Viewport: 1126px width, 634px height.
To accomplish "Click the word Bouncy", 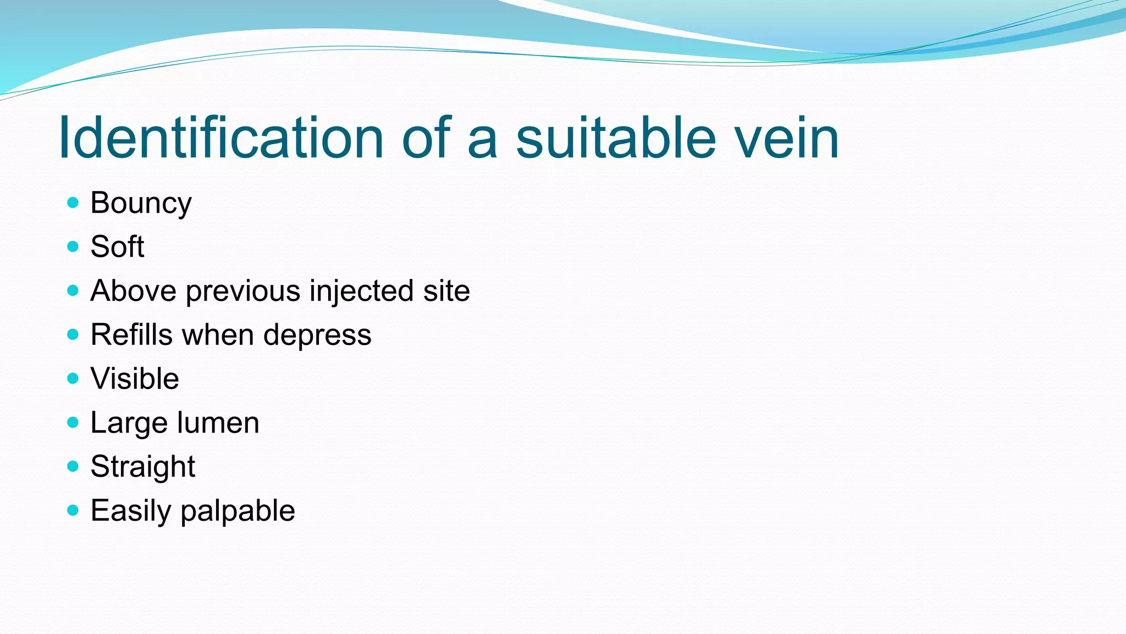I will [x=141, y=204].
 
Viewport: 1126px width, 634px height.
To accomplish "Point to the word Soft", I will [x=117, y=247].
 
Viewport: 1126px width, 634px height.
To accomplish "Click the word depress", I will [x=317, y=336].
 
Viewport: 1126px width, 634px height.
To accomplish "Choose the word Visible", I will [x=135, y=379].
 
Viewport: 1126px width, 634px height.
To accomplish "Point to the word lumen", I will [x=218, y=423].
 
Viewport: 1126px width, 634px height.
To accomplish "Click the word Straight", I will [x=142, y=468].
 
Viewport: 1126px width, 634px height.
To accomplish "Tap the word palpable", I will [x=238, y=512].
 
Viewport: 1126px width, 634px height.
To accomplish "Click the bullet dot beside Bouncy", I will [x=73, y=203].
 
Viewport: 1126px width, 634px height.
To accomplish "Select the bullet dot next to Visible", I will [x=73, y=379].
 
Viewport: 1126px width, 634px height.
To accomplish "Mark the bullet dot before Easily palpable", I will [x=73, y=511].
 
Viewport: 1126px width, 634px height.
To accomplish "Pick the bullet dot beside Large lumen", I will [x=73, y=423].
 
